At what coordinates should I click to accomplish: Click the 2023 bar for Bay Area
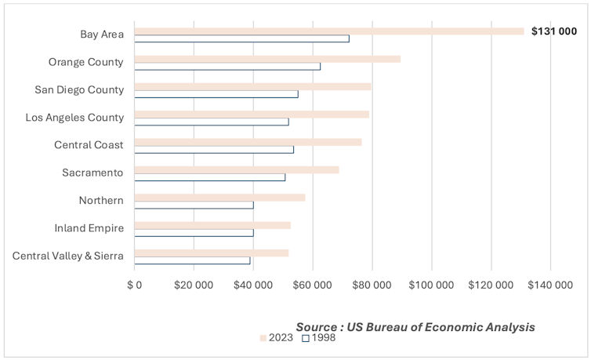tap(329, 31)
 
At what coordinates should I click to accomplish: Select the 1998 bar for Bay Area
tap(241, 38)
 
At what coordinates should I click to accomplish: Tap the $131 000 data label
tap(553, 31)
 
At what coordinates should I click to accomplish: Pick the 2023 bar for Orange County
tap(267, 59)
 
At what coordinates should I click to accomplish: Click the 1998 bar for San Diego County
tap(216, 94)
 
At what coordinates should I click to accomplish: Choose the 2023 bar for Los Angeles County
tap(252, 115)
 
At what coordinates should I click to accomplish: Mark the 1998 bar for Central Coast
tap(214, 149)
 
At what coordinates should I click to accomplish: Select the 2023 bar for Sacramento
tap(237, 169)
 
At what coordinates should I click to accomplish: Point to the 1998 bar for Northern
tap(194, 205)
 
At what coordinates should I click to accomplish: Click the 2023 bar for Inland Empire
tap(212, 225)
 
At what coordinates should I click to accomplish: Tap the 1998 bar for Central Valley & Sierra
tap(192, 260)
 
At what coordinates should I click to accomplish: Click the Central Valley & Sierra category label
tap(68, 256)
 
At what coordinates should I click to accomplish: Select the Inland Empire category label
tap(89, 228)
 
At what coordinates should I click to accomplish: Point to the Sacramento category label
tap(92, 173)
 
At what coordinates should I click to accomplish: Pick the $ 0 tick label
tap(135, 285)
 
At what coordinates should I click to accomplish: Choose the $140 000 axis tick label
tap(550, 285)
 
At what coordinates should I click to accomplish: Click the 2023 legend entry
tap(276, 338)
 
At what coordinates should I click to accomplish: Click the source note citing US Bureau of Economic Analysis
tap(415, 326)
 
